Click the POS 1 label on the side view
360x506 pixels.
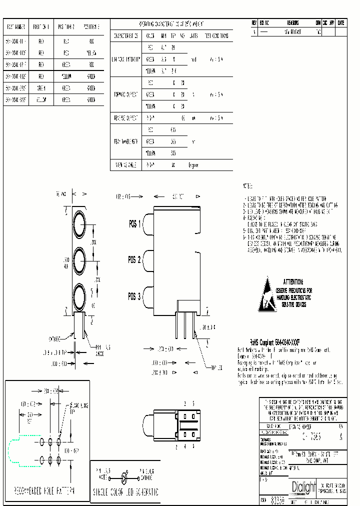coord(135,224)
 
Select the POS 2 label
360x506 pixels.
coord(135,260)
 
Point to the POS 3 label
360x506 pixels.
coord(135,295)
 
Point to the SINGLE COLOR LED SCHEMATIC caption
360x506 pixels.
coord(125,492)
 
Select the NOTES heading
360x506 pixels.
coord(248,186)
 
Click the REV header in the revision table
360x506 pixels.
coord(254,23)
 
